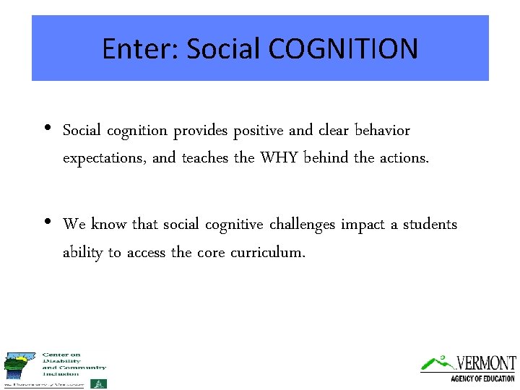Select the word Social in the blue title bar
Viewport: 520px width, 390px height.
(224, 49)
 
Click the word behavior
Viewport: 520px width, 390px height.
(382, 131)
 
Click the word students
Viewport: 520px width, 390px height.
(430, 225)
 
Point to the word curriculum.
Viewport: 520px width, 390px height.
(268, 252)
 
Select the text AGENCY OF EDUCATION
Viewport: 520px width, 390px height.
(482, 378)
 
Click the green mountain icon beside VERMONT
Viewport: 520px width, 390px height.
(437, 362)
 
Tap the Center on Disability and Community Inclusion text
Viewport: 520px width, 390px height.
(74, 364)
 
